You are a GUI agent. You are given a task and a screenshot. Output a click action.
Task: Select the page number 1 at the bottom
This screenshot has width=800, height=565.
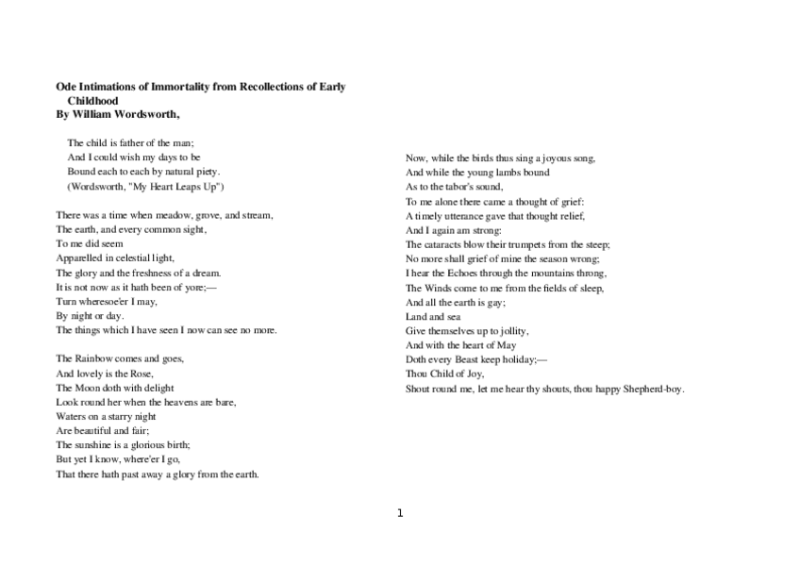point(400,513)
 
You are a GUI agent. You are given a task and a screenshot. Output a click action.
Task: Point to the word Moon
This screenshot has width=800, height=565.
point(86,388)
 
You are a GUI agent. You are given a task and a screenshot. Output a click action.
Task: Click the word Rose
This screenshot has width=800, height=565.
point(141,374)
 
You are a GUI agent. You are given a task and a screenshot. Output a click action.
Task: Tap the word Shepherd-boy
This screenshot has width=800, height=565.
point(654,389)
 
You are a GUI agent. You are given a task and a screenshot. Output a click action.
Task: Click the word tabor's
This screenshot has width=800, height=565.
point(457,187)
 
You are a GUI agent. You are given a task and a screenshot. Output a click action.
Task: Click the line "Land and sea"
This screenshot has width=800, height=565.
point(425,317)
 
